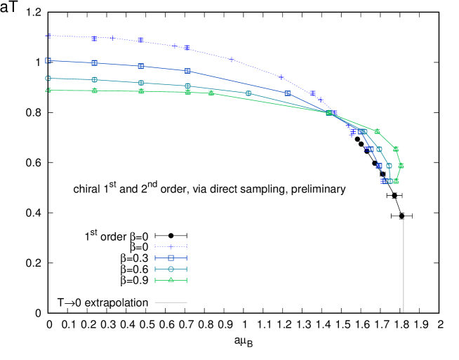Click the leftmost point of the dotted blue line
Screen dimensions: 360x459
[x=48, y=36]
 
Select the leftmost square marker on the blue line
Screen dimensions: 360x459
[x=48, y=61]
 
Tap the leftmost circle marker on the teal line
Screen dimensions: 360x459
[x=48, y=79]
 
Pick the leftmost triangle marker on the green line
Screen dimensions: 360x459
[x=48, y=91]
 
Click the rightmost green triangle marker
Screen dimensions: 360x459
[x=401, y=166]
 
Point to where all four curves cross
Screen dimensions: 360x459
[x=328, y=112]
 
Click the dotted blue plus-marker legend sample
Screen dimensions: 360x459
[x=171, y=247]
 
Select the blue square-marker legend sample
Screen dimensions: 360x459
[x=171, y=258]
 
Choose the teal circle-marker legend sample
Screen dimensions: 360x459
[x=171, y=269]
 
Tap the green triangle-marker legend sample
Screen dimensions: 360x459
[x=171, y=280]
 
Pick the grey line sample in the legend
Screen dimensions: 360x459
[x=171, y=302]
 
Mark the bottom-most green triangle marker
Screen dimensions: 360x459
[x=396, y=181]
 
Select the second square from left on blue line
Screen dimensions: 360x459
[x=95, y=63]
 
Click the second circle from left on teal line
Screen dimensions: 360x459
[x=95, y=80]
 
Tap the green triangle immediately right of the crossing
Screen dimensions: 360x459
[x=377, y=131]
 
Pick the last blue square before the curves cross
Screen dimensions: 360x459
[x=287, y=93]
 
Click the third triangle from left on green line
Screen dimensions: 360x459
[x=141, y=91]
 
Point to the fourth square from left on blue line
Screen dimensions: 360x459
[x=187, y=71]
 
